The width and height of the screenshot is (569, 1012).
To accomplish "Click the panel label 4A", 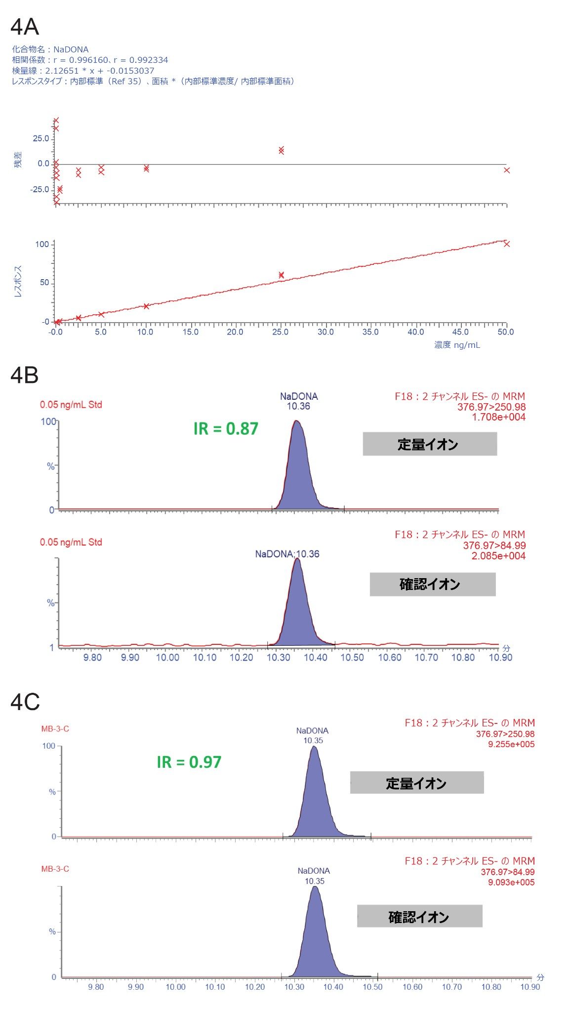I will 25,27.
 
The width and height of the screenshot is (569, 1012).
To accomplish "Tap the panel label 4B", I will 25,376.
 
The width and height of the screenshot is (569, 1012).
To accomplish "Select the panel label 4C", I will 25,702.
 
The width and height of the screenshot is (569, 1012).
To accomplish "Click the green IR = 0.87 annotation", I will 226,428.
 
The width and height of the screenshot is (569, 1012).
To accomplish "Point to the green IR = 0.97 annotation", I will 189,762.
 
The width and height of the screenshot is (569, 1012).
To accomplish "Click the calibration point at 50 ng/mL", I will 506,244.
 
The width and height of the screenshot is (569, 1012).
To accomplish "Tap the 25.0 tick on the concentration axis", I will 281,332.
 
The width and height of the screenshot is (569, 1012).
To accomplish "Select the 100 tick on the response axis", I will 42,245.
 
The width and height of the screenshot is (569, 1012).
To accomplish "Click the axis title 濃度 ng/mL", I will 457,345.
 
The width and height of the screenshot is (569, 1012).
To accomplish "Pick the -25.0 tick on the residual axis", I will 40,190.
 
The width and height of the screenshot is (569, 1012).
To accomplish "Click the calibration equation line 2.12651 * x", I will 83,71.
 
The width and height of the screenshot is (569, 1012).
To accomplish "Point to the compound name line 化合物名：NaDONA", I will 50,49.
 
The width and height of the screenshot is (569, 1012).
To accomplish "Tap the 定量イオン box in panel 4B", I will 429,444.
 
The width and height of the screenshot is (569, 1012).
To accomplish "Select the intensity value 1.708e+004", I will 498,417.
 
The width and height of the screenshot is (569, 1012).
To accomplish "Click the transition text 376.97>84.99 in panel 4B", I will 494,546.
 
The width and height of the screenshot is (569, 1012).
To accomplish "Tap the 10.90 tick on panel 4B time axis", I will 500,658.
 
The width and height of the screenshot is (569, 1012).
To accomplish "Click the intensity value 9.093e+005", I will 511,882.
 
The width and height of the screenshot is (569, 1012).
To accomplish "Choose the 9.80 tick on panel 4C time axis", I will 96,987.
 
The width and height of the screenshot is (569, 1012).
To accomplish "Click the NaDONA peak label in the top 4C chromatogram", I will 312,731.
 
